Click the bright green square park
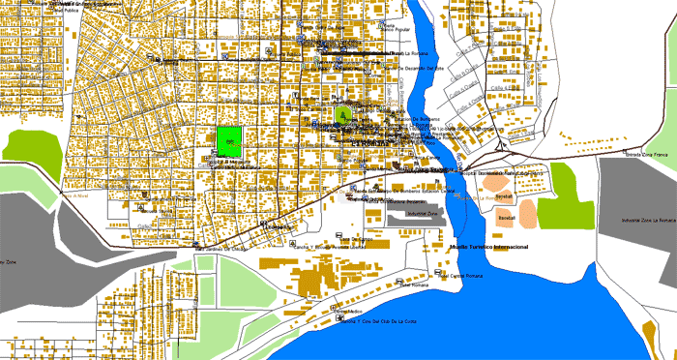tap(229, 141)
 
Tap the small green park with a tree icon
tap(340, 114)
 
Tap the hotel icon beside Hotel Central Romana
tap(434, 276)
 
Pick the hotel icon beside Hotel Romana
tap(394, 285)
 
